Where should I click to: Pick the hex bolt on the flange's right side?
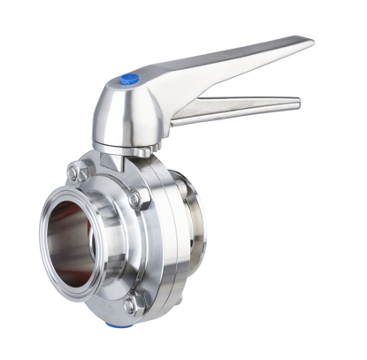137,200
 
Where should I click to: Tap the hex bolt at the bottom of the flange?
130,306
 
